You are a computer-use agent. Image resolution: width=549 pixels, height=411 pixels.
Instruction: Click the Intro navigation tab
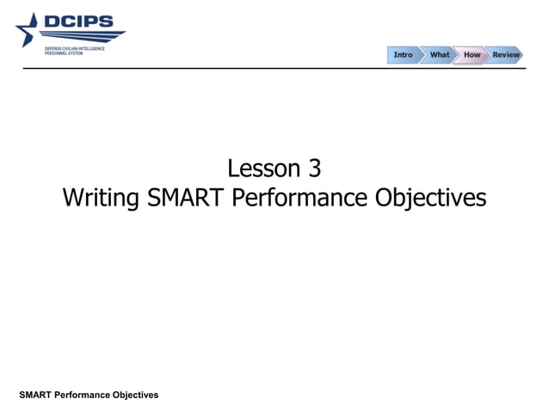[x=403, y=55]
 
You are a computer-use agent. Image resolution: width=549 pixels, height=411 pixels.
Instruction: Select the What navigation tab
[x=439, y=55]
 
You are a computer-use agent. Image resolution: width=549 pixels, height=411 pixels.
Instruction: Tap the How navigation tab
[x=472, y=55]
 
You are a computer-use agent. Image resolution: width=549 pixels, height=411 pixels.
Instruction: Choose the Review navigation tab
[x=506, y=55]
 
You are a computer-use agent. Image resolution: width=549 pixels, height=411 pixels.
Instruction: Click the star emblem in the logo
[x=28, y=31]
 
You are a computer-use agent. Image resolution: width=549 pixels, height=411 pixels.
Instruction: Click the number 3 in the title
[x=314, y=168]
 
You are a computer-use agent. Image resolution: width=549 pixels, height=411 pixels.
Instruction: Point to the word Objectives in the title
[x=431, y=199]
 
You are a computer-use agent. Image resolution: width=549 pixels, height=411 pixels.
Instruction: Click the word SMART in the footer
[x=35, y=395]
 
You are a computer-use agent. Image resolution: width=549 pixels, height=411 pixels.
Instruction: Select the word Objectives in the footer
[x=135, y=395]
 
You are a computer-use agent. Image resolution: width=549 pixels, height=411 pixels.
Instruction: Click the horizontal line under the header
[x=275, y=68]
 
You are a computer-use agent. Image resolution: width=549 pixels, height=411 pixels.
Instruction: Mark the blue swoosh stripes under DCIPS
[x=86, y=36]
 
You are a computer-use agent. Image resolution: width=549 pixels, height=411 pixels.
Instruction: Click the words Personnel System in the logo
[x=65, y=53]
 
